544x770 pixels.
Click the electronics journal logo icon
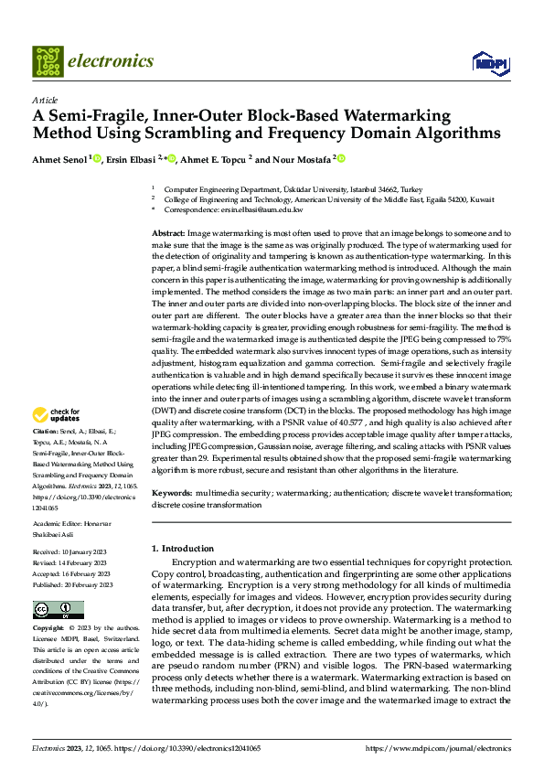tap(47, 61)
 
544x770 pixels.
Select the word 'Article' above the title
tap(44, 100)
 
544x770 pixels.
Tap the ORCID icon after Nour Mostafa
tap(342, 158)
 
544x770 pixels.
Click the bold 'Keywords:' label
tap(172, 493)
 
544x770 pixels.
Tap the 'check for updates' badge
tap(57, 414)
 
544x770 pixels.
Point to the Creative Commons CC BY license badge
tap(58, 609)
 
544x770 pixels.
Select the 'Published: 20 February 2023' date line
tap(72, 583)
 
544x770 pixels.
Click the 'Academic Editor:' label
tap(56, 523)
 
